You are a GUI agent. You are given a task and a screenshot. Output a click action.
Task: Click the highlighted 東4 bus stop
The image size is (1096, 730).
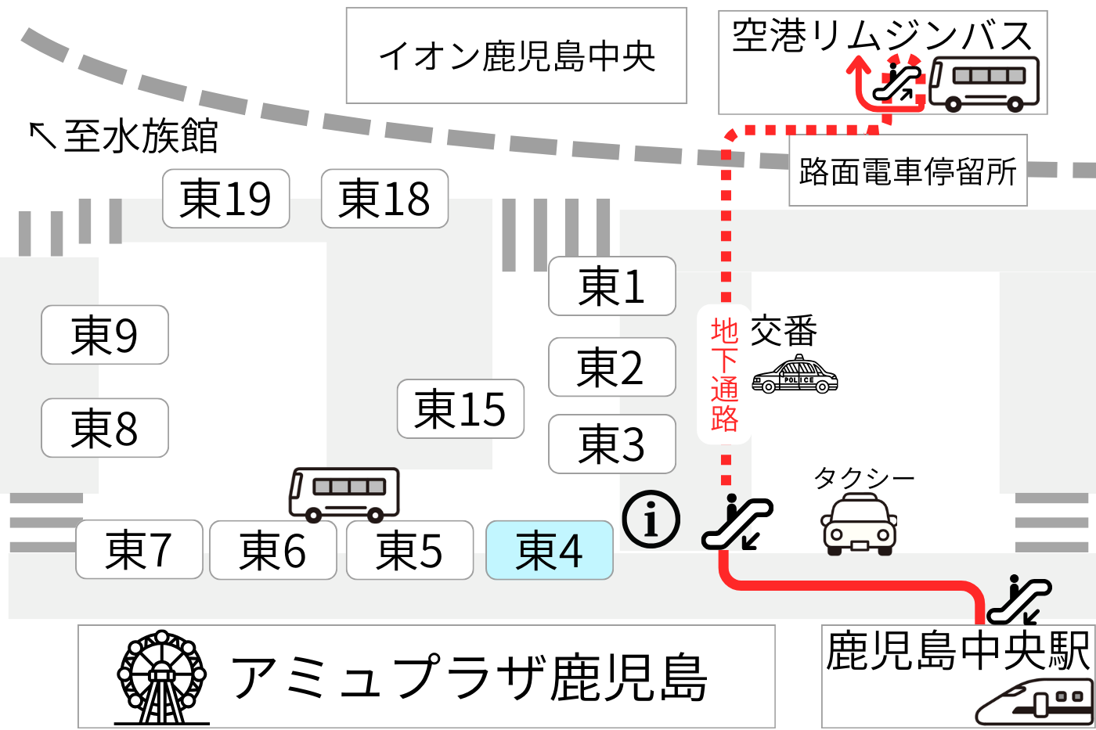coord(549,550)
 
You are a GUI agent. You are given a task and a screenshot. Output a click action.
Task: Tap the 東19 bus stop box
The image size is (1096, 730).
coord(225,199)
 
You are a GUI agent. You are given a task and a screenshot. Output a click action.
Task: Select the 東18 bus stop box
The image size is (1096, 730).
coord(384,199)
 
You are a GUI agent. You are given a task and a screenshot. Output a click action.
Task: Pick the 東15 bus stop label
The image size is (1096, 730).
coord(460,408)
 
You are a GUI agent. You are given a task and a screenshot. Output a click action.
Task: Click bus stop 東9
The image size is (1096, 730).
coord(104,335)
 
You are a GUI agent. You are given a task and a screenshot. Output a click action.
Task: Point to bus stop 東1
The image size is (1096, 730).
coord(611,286)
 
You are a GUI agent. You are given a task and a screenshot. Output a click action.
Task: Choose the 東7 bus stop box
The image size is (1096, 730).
coord(139,550)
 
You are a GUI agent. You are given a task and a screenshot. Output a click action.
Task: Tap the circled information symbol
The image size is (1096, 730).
coord(651,519)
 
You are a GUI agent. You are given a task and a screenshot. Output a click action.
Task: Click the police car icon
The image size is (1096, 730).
coord(795,376)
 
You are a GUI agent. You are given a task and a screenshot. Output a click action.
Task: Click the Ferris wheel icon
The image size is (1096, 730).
coord(161,678)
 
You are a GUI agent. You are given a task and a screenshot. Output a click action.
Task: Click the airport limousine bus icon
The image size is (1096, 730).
coord(985,84)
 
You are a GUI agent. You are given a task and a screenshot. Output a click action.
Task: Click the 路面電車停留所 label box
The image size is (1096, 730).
coord(907,171)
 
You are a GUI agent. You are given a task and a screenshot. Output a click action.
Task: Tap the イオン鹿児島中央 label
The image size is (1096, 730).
coord(516,56)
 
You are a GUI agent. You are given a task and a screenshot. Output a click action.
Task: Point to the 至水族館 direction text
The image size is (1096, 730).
coord(124,136)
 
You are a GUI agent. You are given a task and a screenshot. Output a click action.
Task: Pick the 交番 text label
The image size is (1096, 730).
coord(784,331)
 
